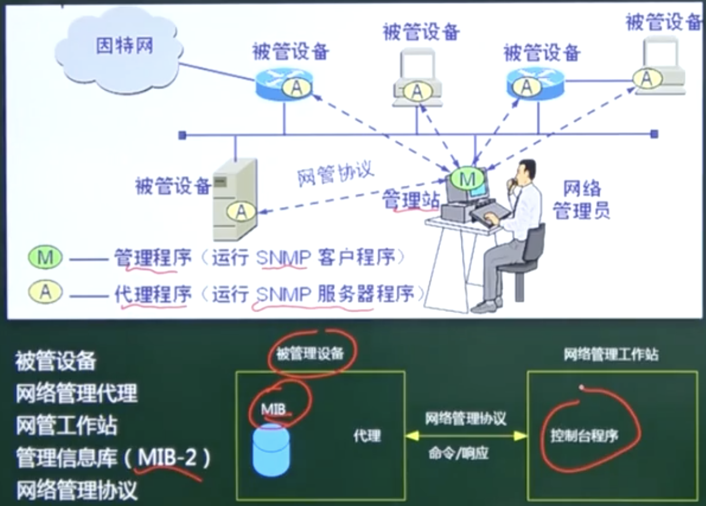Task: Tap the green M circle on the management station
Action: (467, 179)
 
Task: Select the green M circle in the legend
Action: (45, 258)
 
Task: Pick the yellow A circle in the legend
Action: (45, 292)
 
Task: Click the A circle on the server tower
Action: (241, 211)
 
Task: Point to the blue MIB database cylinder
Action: (271, 449)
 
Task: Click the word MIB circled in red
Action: (274, 409)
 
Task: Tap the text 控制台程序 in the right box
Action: (584, 436)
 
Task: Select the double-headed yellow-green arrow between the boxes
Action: (466, 436)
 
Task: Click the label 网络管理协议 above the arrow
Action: (466, 418)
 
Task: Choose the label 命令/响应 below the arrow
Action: (459, 453)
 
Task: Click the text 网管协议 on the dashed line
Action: (335, 173)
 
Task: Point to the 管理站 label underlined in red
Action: (411, 199)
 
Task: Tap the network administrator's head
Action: (525, 174)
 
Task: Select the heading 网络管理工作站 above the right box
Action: (611, 355)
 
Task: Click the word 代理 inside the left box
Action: (367, 436)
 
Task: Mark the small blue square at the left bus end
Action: (182, 136)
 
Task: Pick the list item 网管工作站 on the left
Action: (66, 426)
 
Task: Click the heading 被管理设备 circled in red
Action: (310, 354)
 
